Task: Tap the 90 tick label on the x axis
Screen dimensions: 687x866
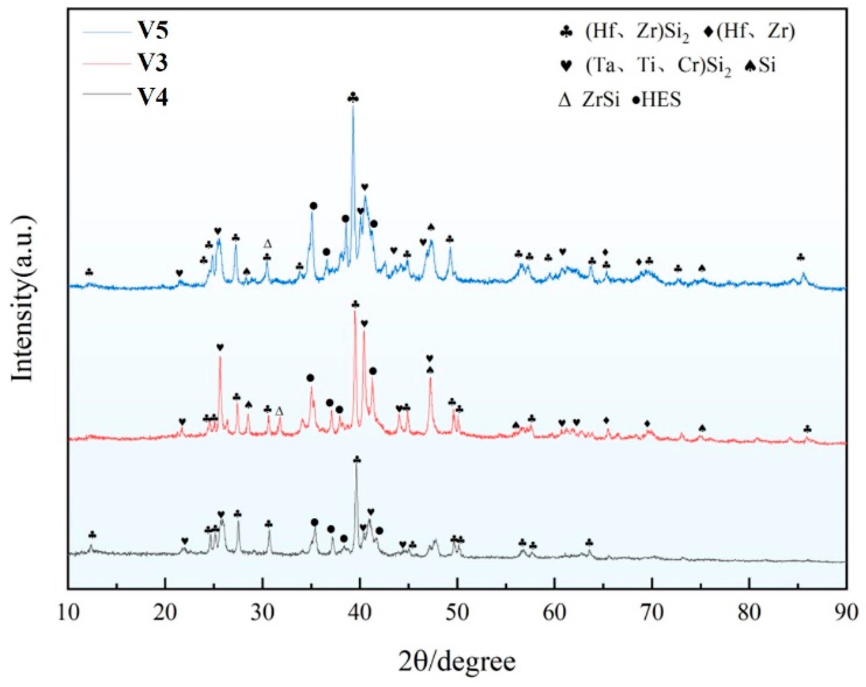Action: click(847, 613)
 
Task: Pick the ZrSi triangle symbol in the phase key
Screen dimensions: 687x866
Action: click(565, 100)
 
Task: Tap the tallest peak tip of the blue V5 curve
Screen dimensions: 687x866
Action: click(353, 105)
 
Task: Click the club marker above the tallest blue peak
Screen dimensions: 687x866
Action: click(353, 97)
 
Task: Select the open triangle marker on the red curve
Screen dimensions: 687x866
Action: click(279, 411)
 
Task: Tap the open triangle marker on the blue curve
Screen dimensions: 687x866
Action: click(268, 244)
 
